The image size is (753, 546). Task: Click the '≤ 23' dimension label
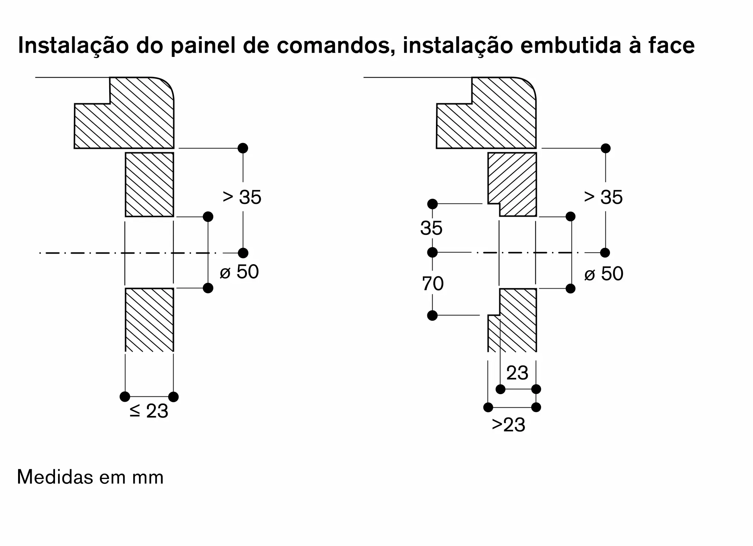149,411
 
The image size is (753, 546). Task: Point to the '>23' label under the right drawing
508,425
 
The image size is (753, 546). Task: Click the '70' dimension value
433,284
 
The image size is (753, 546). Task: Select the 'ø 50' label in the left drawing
239,272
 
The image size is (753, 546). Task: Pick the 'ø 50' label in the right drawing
604,274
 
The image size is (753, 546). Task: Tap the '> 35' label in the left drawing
242,197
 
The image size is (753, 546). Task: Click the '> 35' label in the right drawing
603,197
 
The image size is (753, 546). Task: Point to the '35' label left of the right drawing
431,228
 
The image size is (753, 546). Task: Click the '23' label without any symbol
517,373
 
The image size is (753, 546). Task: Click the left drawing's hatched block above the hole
149,184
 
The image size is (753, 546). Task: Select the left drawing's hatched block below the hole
149,320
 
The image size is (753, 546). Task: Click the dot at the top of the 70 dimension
432,252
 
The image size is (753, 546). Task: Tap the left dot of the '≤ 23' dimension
125,397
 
